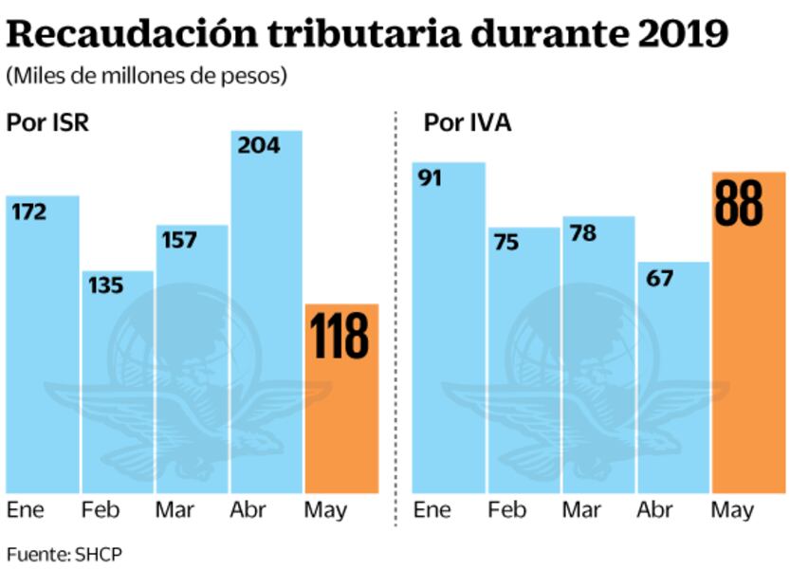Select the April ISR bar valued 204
point(266,313)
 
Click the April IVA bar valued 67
point(673,379)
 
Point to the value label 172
point(28,212)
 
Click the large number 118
point(340,336)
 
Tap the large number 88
point(738,203)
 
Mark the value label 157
point(178,241)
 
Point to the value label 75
point(505,243)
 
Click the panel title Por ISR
point(47,123)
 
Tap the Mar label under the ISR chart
point(176,510)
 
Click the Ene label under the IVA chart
point(432,510)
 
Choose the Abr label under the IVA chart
point(654,510)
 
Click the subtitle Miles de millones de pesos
point(146,76)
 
